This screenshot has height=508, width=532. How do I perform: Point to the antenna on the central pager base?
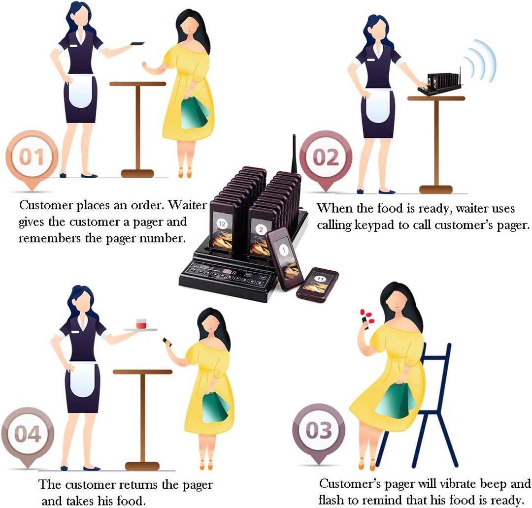pos(294,154)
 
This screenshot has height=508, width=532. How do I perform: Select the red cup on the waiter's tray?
pos(141,323)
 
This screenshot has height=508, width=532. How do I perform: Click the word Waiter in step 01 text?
pos(187,205)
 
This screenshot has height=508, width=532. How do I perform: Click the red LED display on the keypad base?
pos(230,272)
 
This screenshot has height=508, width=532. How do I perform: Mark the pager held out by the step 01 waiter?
pos(138,43)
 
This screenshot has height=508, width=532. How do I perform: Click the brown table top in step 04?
pos(142,372)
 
